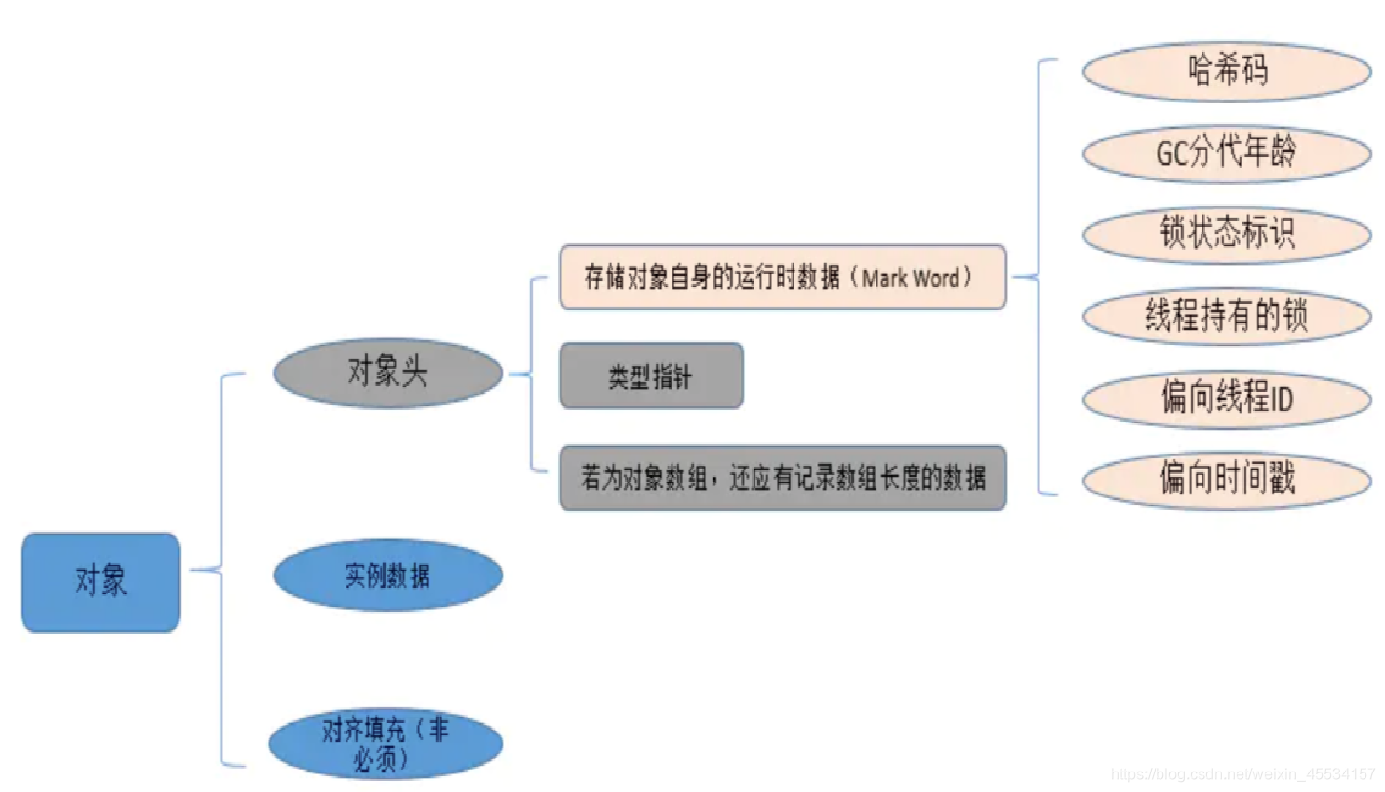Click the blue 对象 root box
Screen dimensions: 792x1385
[101, 582]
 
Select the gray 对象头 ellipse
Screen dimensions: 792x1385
[387, 373]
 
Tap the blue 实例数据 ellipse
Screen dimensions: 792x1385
[387, 575]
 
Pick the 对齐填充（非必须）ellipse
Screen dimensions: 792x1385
[387, 744]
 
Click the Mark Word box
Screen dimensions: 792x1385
[782, 277]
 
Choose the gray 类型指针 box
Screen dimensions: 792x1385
[651, 376]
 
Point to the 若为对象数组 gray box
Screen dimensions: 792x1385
[782, 478]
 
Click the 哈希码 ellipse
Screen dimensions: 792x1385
[1227, 70]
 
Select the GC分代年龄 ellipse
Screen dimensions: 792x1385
[1227, 152]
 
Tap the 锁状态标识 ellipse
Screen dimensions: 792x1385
[1227, 234]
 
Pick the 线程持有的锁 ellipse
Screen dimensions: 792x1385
[1227, 316]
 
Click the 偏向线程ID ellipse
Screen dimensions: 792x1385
[1227, 398]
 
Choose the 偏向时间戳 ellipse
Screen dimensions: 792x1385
[1227, 479]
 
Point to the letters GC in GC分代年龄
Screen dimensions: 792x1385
[1170, 153]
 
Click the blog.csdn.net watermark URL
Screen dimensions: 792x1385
[1246, 774]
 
